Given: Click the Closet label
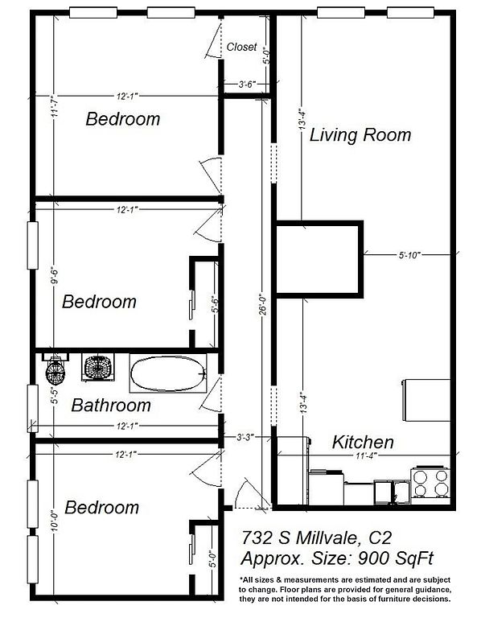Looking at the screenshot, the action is click(x=241, y=47).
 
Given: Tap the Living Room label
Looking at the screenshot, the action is click(x=360, y=135).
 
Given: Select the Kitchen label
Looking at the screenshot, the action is click(x=363, y=442).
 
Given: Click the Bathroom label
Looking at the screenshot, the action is click(x=111, y=406).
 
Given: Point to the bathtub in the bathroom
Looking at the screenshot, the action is click(x=168, y=373).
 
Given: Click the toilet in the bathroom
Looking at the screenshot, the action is click(x=55, y=369).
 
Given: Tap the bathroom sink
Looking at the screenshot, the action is click(x=98, y=367).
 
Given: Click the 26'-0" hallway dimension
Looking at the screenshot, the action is click(x=263, y=304).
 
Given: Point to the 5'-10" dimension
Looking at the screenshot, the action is click(x=409, y=255).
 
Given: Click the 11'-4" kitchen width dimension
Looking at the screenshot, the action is click(x=367, y=455).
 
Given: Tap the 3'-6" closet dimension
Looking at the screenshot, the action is click(x=248, y=84).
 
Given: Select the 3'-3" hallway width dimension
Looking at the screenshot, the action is click(x=245, y=437).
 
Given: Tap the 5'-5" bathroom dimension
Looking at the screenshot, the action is click(x=55, y=397).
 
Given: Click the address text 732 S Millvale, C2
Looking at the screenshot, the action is click(x=316, y=538).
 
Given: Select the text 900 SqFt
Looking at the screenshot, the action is click(x=395, y=558).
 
